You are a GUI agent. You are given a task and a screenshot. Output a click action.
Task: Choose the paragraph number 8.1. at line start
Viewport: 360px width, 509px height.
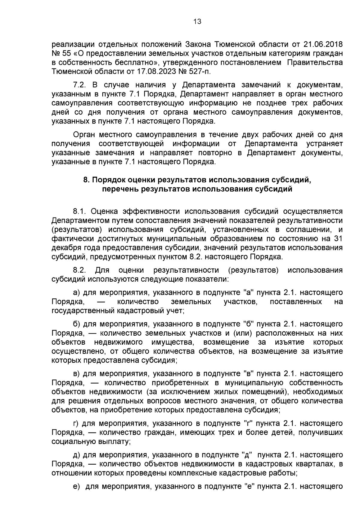click(x=80, y=212)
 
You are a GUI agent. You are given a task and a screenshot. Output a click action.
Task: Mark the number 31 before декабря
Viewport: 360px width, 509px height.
click(x=337, y=239)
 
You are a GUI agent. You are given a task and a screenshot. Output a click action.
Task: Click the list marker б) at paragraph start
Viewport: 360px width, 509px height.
click(x=76, y=324)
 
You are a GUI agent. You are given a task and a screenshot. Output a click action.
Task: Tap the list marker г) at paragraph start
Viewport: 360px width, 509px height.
click(x=76, y=424)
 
